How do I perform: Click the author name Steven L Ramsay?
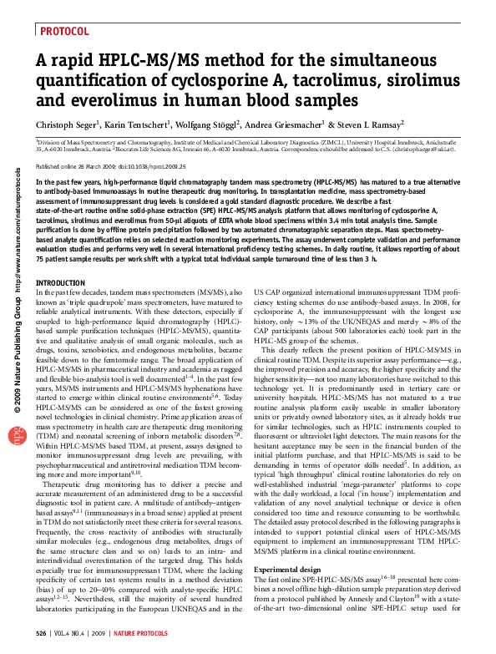click(371, 125)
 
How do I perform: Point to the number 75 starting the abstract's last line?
click(39, 260)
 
